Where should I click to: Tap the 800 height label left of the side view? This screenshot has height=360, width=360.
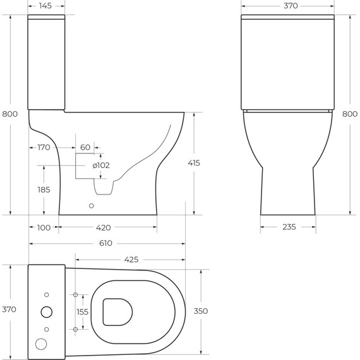tap(10, 114)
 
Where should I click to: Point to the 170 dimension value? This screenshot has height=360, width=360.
tap(43, 148)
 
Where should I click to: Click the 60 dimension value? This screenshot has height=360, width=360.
tap(85, 148)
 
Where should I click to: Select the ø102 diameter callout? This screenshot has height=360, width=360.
tap(101, 165)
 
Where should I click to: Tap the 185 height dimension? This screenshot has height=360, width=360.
tap(43, 189)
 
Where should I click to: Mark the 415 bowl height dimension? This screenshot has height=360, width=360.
tap(193, 163)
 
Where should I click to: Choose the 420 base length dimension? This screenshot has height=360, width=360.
tap(104, 228)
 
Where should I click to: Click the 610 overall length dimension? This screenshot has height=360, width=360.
tap(105, 243)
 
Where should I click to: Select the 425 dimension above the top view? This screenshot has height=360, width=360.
tap(131, 259)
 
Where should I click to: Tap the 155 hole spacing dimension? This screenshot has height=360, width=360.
tap(83, 312)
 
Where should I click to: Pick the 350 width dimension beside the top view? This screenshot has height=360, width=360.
tap(200, 311)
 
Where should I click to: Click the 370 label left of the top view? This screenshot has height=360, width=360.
tap(9, 309)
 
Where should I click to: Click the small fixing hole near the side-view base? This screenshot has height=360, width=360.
tap(92, 205)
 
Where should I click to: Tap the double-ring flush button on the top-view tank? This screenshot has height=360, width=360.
tap(47, 312)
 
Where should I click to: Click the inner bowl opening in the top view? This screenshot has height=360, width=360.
tap(116, 312)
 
